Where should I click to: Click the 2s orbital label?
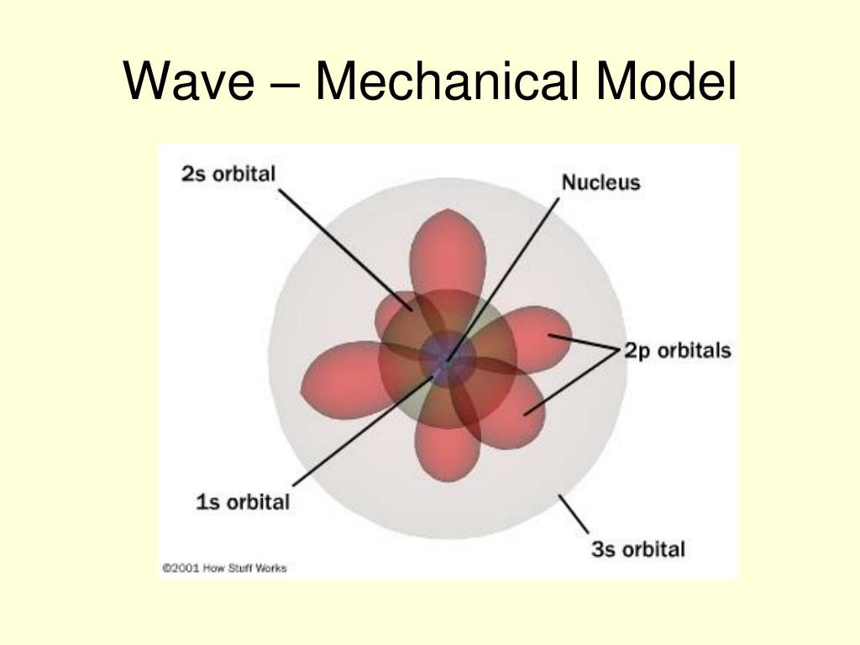click(228, 175)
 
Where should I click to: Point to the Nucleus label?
click(600, 181)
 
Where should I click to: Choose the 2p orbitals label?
click(677, 350)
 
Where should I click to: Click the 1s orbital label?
click(243, 502)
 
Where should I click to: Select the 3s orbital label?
click(638, 549)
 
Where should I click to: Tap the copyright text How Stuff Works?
click(223, 568)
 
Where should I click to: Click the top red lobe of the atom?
click(448, 248)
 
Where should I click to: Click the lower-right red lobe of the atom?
click(512, 412)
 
